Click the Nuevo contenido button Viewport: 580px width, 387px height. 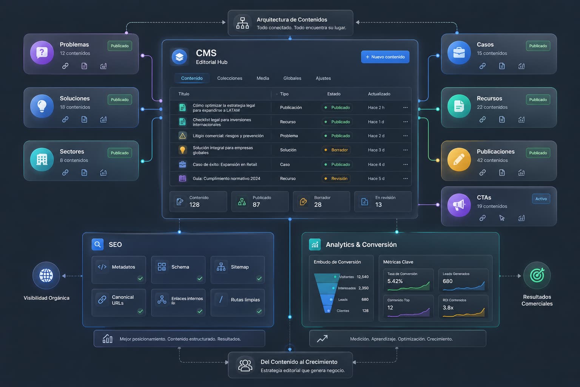[x=385, y=57]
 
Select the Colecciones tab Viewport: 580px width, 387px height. [x=230, y=78]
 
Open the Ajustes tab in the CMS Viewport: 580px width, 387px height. [x=323, y=78]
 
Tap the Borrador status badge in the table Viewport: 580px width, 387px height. [x=336, y=150]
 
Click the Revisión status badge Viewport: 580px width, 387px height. [x=336, y=179]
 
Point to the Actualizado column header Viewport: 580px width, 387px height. [x=379, y=94]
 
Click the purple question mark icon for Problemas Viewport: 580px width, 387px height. [x=42, y=53]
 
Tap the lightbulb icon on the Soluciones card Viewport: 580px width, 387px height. [x=42, y=106]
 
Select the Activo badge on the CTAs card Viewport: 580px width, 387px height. [x=541, y=199]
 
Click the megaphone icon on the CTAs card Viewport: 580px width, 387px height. [x=459, y=205]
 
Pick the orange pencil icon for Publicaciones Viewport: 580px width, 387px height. [x=459, y=159]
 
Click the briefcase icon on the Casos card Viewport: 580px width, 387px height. [x=459, y=53]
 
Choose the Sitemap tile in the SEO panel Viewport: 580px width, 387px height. [x=238, y=270]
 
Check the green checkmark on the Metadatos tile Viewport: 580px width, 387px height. [x=140, y=279]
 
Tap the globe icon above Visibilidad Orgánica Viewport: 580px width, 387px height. [x=46, y=276]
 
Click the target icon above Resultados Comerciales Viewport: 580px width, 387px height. [x=537, y=275]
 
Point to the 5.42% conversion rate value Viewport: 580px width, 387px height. [x=395, y=281]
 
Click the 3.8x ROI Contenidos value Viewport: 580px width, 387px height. [x=448, y=308]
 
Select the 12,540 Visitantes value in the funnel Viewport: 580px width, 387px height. [x=362, y=277]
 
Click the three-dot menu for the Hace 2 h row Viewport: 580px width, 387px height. [x=406, y=108]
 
